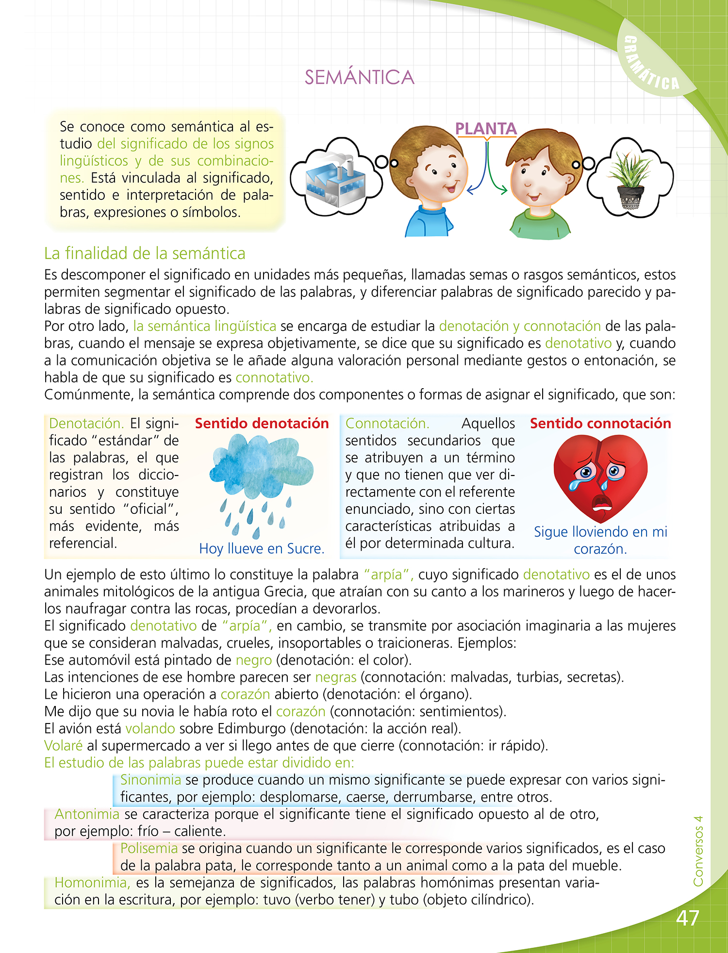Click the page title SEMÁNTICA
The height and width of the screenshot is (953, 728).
pos(359,78)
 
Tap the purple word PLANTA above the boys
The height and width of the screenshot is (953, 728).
pos(486,129)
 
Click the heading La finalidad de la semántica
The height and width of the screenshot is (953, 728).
pos(145,253)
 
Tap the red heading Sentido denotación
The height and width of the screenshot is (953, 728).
pos(262,423)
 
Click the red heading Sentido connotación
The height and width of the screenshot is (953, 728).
pos(600,423)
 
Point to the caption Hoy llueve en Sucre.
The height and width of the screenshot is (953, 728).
pos(262,548)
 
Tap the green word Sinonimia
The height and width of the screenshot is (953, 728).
pos(150,780)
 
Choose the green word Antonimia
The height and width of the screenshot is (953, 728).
pos(87,814)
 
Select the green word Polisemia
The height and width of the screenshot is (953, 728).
pos(149,848)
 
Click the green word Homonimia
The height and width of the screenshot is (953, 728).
pos(92,882)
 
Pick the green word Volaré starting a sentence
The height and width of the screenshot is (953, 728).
pos(63,745)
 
